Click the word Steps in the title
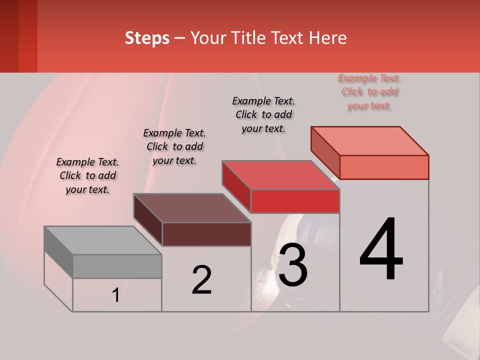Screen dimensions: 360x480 147,38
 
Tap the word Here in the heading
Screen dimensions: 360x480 328,38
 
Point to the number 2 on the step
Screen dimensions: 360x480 201,280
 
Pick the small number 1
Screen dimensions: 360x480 115,295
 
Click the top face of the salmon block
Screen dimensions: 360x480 370,141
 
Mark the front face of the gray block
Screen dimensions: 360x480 117,266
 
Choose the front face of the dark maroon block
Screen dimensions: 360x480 206,234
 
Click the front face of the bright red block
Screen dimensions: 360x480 295,201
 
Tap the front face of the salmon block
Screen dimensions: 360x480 384,167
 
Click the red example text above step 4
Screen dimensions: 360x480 369,92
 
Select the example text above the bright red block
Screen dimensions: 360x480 263,114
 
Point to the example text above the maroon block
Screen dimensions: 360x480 174,146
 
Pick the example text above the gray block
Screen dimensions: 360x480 87,175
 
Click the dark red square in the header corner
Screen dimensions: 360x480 18,36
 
